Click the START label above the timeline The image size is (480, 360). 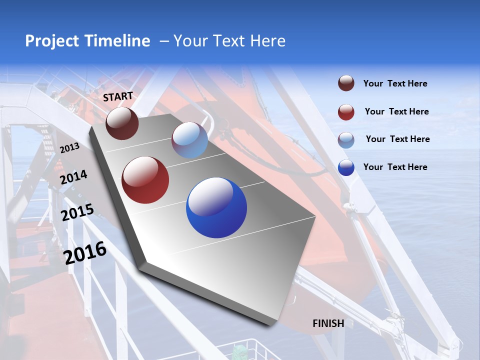pos(118,96)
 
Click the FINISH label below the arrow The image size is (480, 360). pos(328,323)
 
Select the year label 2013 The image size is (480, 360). pos(69,148)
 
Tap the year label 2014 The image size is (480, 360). pos(73,177)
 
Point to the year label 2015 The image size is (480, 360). pos(77,212)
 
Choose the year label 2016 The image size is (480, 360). pos(85,253)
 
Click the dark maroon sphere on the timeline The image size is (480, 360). pos(122,123)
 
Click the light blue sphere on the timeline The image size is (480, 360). pos(189,140)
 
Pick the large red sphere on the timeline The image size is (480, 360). pos(145,180)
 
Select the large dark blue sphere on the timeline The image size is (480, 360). pos(216,208)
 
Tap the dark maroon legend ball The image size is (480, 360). pos(346,83)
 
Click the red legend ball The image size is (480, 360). pos(346,112)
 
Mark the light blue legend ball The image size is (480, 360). pos(346,139)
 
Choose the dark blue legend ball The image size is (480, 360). pos(346,167)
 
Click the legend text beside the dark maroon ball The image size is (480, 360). pos(395,83)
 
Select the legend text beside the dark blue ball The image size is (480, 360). pos(395,167)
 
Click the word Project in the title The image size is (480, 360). pos(52,41)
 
